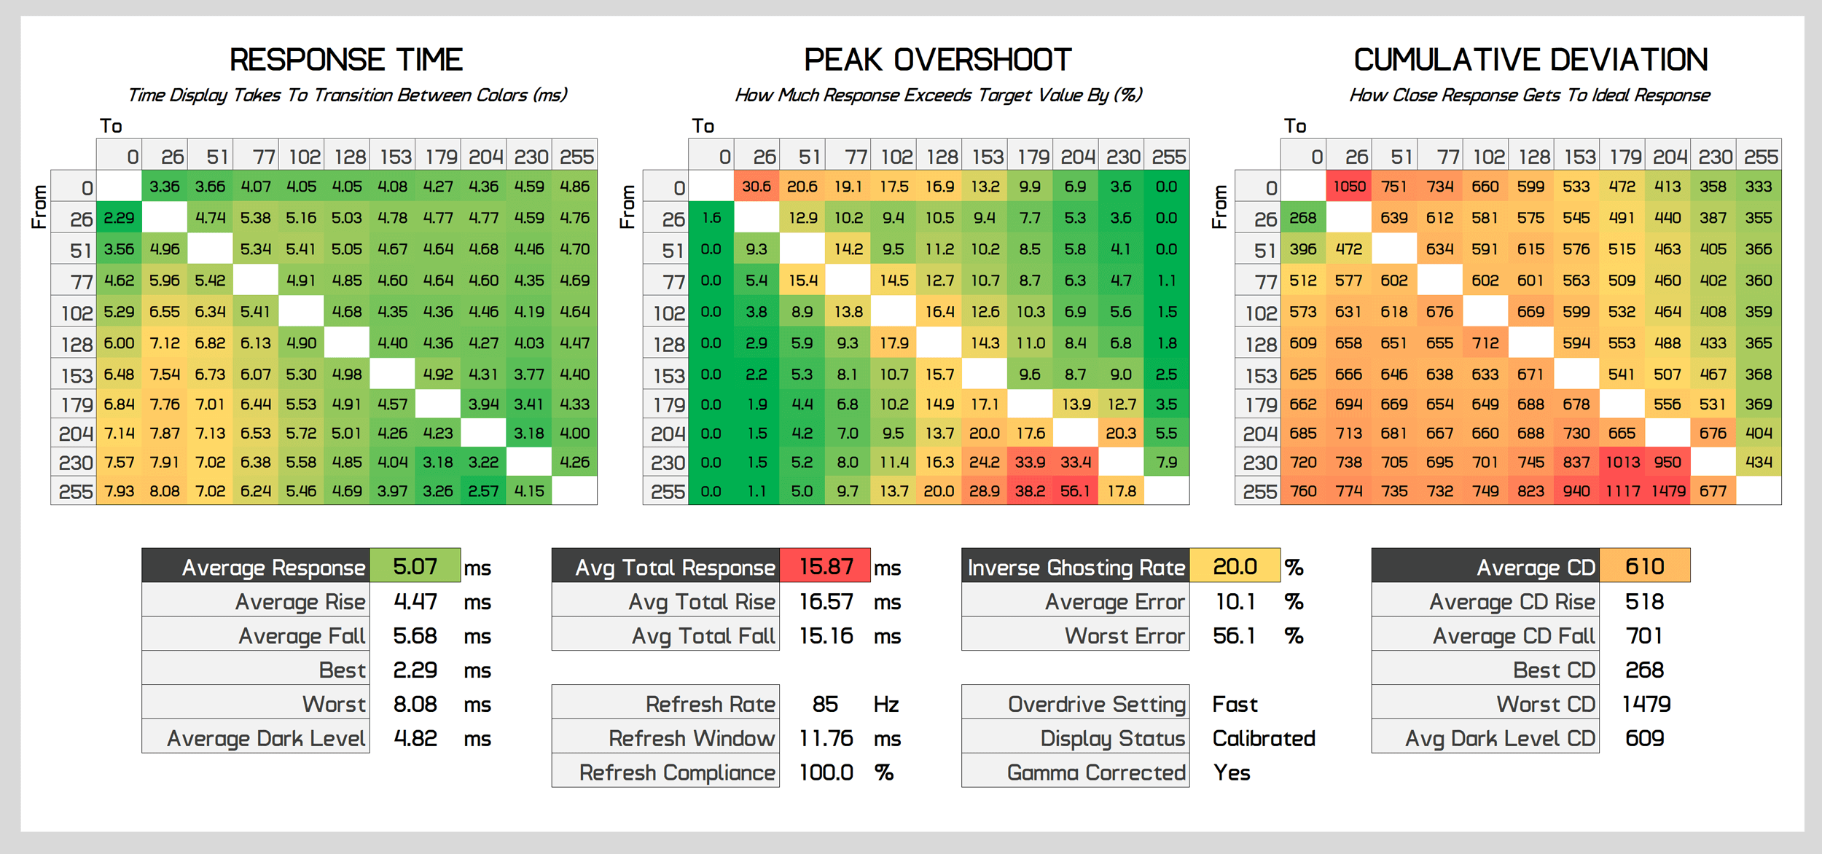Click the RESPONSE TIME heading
click(x=346, y=60)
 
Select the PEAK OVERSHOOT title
click(x=937, y=60)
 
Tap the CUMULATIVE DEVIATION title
click(x=1530, y=60)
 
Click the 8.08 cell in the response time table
click(x=165, y=491)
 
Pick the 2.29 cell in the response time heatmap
click(x=119, y=218)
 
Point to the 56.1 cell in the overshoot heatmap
click(x=1075, y=491)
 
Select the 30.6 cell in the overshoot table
click(x=756, y=187)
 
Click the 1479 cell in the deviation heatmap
click(x=1667, y=491)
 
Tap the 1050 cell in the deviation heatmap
click(x=1349, y=187)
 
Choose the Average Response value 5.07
click(x=415, y=566)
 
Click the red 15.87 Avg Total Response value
click(x=825, y=566)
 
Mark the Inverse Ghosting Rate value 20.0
click(x=1235, y=566)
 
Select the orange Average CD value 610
click(x=1644, y=566)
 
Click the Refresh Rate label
click(x=710, y=704)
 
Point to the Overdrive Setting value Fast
click(x=1235, y=704)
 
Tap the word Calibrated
click(x=1264, y=738)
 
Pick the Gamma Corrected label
click(x=1095, y=772)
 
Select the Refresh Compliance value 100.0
click(x=826, y=772)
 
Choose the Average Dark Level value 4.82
click(x=415, y=738)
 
